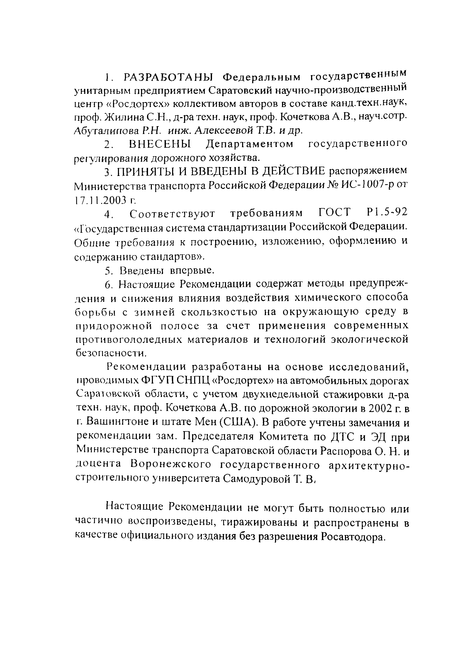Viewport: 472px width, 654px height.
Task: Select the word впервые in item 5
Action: click(x=192, y=270)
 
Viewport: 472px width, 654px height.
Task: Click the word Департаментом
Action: click(x=249, y=144)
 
